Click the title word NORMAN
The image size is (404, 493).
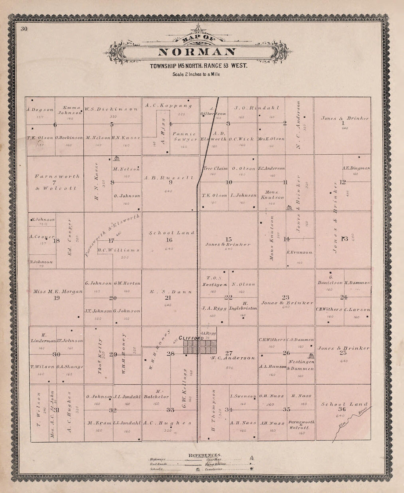pos(197,52)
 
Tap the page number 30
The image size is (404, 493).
pos(25,29)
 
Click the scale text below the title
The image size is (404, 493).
pos(196,74)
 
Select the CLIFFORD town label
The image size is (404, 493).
pos(191,338)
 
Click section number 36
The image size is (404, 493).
pos(342,409)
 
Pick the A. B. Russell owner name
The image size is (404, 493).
pos(169,177)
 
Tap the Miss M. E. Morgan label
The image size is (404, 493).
pos(58,291)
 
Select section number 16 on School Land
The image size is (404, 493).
pos(169,240)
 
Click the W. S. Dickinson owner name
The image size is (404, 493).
pos(111,109)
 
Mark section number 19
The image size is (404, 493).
pos(57,298)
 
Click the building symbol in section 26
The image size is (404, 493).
pos(311,356)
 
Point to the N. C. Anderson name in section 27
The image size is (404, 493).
pos(233,358)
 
